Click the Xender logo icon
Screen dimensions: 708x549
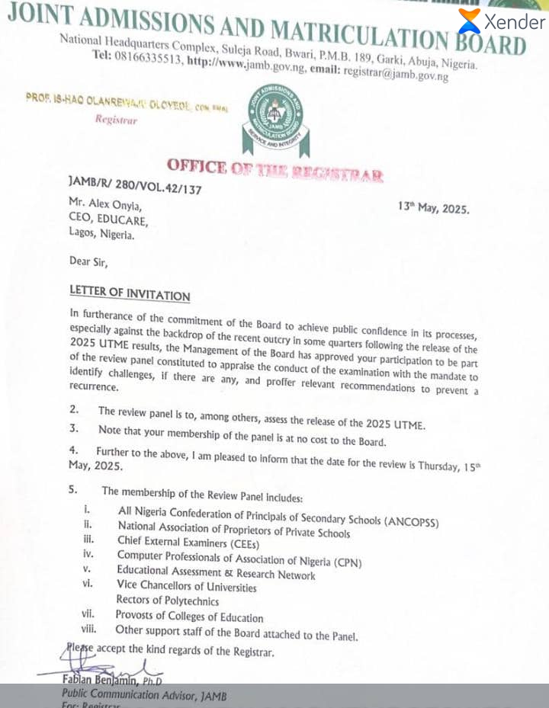470,21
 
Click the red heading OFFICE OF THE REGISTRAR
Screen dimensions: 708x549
274,170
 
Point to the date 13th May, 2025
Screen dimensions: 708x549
434,208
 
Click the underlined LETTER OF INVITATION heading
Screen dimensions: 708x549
130,293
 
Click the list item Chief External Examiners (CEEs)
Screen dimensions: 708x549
188,542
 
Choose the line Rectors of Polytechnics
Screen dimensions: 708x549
168,601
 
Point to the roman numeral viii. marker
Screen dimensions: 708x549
90,630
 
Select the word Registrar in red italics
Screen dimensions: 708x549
116,120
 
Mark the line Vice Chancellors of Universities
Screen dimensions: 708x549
187,586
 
